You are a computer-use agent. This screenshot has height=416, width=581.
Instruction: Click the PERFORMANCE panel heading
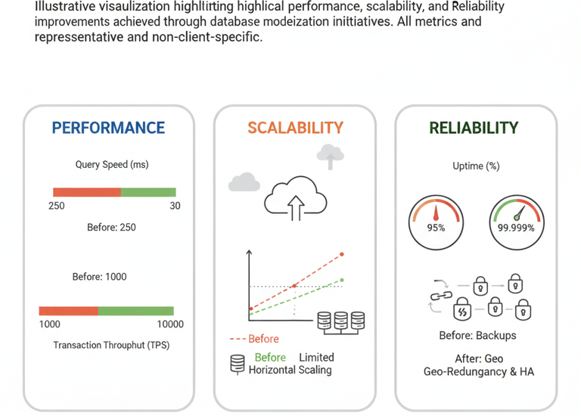tap(108, 128)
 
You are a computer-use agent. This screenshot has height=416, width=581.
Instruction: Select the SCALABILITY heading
tap(295, 128)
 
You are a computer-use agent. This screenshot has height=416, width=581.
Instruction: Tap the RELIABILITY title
tap(474, 128)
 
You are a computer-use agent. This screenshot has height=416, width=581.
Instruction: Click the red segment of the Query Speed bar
tap(86, 192)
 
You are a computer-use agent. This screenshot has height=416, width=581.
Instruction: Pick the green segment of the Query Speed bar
tap(148, 192)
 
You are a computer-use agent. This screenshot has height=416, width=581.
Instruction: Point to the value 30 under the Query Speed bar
tap(175, 206)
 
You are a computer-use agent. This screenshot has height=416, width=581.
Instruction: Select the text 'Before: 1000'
tap(99, 277)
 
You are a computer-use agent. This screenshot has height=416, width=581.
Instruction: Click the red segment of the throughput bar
tap(68, 311)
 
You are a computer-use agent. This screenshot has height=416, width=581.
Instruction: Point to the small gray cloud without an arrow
tap(244, 182)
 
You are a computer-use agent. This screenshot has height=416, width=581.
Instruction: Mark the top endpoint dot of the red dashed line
tap(342, 254)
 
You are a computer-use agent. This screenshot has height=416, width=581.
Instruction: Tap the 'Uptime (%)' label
tap(475, 166)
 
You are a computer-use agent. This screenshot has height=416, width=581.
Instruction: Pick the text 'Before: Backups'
tap(477, 335)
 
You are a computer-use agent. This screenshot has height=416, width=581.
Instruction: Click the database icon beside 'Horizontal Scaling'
tap(238, 364)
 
